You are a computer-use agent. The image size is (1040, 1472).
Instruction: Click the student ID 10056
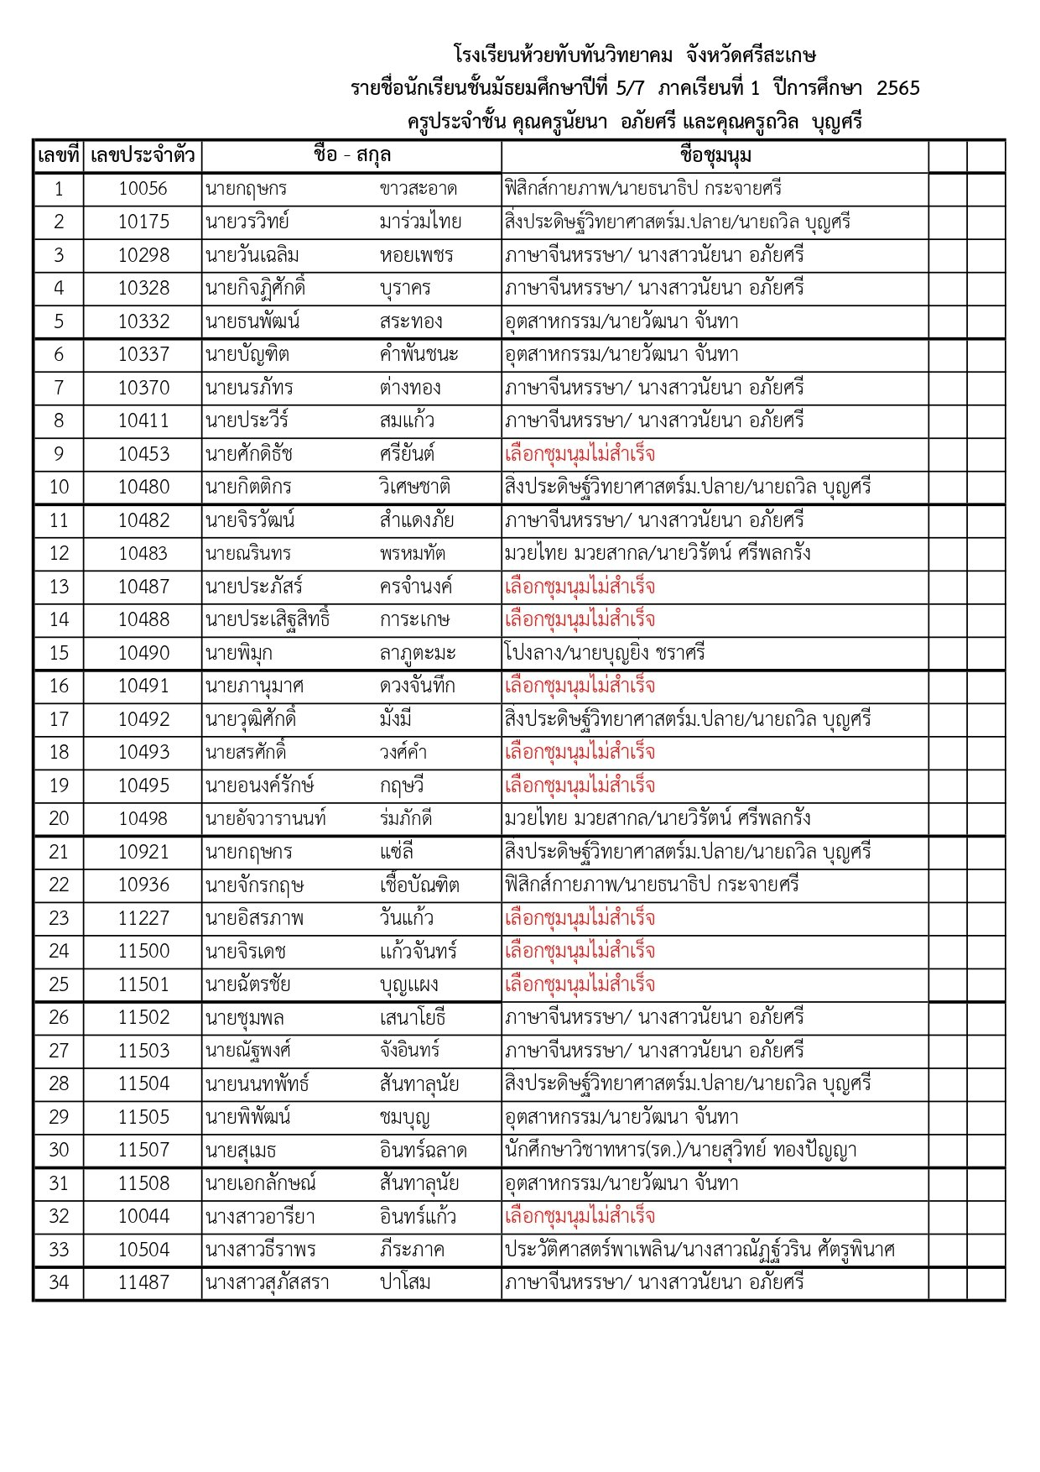[x=143, y=189]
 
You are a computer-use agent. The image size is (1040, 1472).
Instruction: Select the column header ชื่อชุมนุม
[x=715, y=156]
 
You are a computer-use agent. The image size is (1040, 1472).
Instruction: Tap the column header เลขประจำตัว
[x=143, y=156]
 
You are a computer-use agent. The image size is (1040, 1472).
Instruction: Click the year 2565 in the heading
[x=897, y=88]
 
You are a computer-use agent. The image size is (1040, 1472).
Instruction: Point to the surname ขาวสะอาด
[x=418, y=189]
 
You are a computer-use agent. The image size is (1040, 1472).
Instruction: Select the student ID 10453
[x=143, y=454]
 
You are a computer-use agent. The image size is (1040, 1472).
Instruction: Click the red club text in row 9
[x=580, y=454]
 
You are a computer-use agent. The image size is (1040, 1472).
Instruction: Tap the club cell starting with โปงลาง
[x=605, y=653]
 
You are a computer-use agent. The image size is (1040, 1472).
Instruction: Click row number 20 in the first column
[x=59, y=818]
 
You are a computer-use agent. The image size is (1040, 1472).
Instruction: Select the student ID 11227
[x=143, y=918]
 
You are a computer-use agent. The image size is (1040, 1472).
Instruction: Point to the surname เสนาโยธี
[x=412, y=1017]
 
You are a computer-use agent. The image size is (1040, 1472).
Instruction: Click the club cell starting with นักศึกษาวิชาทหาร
[x=680, y=1150]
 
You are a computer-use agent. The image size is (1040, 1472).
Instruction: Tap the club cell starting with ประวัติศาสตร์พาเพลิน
[x=699, y=1250]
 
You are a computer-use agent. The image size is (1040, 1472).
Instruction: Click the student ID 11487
[x=143, y=1282]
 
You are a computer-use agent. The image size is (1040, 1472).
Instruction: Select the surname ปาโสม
[x=404, y=1282]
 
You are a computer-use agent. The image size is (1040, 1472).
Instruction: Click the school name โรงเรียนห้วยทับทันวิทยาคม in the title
[x=563, y=55]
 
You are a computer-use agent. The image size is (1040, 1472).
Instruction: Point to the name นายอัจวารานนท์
[x=266, y=818]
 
